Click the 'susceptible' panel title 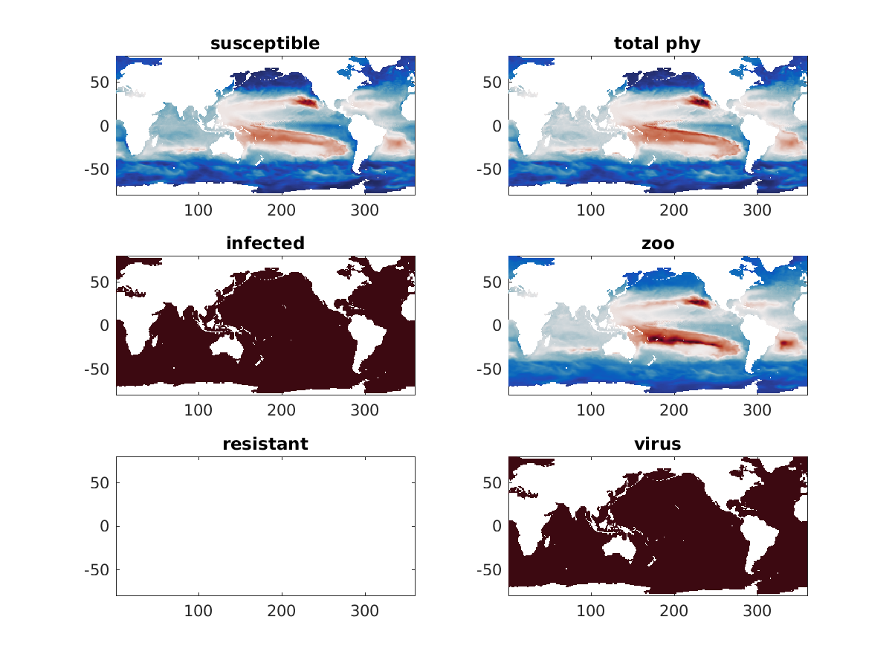265,44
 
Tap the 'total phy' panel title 657,44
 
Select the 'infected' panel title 265,244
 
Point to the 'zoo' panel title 657,244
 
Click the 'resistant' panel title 265,445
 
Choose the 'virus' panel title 657,445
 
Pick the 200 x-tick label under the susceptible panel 282,210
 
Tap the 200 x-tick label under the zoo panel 674,410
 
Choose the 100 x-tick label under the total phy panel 591,210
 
